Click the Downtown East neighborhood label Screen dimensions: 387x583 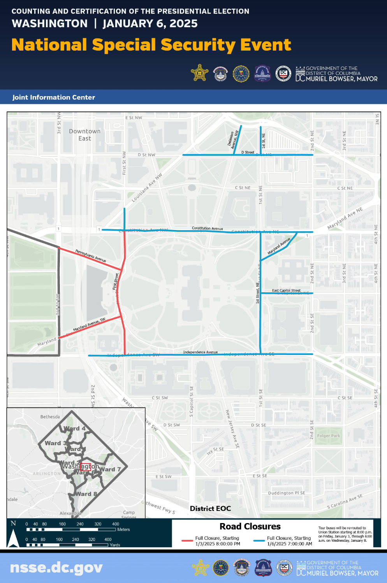coord(84,135)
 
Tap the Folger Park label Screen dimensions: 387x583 coord(328,436)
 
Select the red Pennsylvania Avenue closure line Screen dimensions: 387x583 coord(90,258)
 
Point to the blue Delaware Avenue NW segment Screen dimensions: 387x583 coord(237,140)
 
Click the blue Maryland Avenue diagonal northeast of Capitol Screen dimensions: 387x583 coord(279,247)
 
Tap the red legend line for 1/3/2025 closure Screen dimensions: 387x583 coord(187,541)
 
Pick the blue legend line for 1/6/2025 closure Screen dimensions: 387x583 coord(259,541)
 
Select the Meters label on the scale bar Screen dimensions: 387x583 coord(123,530)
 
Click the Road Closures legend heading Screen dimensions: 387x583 coord(250,527)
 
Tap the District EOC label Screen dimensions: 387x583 coord(210,509)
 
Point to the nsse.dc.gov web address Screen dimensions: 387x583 coord(56,568)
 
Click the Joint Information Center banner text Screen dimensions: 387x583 coord(54,97)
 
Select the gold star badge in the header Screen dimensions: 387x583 coord(200,73)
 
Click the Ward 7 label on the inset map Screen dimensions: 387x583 coord(110,469)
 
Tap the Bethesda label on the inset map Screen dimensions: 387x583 coord(50,417)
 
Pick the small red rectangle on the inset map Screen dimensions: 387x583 coord(85,467)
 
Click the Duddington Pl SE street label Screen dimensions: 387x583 coord(287,493)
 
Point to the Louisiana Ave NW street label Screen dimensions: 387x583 coord(147,188)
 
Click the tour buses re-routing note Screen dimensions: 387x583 coord(345,534)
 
